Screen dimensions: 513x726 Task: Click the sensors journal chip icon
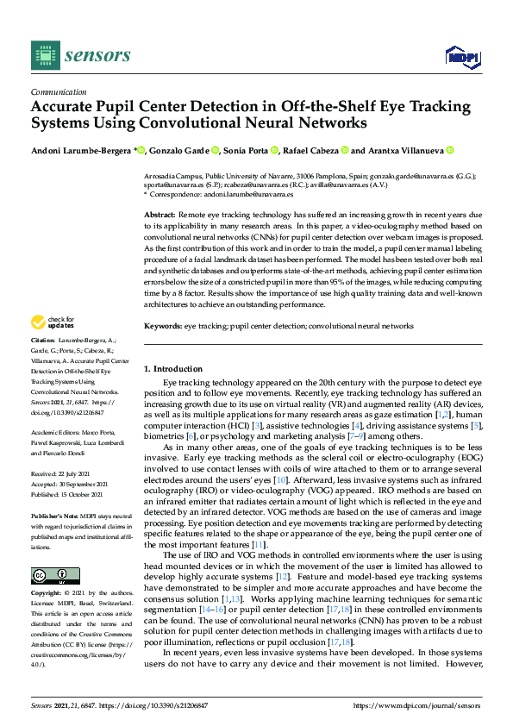pyautogui.click(x=47, y=56)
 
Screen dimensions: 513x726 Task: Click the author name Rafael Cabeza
pyautogui.click(x=311, y=150)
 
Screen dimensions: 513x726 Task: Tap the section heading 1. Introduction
pyautogui.click(x=172, y=369)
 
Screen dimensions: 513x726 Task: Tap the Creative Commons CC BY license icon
pyautogui.click(x=50, y=575)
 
